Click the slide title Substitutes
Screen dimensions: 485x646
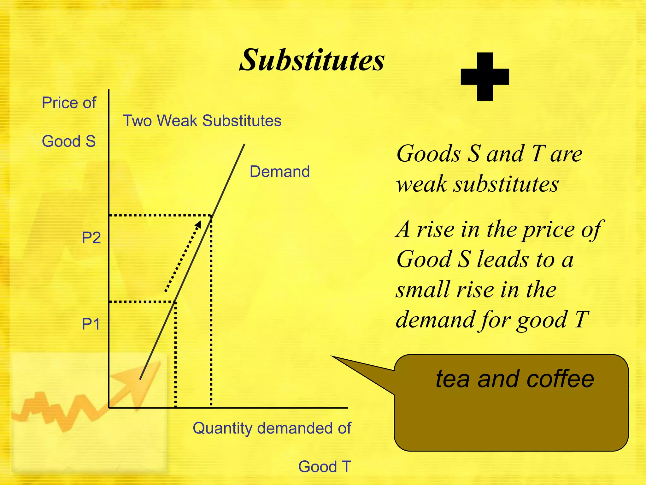[x=312, y=60]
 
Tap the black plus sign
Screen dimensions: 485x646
[x=485, y=77]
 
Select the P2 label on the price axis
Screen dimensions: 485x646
[x=91, y=237]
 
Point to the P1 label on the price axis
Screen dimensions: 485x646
[x=91, y=324]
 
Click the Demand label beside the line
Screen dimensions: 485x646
[x=279, y=171]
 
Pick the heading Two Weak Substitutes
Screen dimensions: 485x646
[x=202, y=121]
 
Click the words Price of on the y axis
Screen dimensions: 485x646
[x=69, y=103]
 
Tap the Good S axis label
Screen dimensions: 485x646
[x=69, y=141]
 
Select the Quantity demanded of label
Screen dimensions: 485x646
[x=272, y=428]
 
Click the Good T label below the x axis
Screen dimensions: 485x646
[x=325, y=466]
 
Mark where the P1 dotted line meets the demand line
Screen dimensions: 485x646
[x=175, y=302]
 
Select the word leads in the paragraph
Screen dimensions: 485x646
[x=502, y=260]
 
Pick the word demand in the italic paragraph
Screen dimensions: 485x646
[x=435, y=320]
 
